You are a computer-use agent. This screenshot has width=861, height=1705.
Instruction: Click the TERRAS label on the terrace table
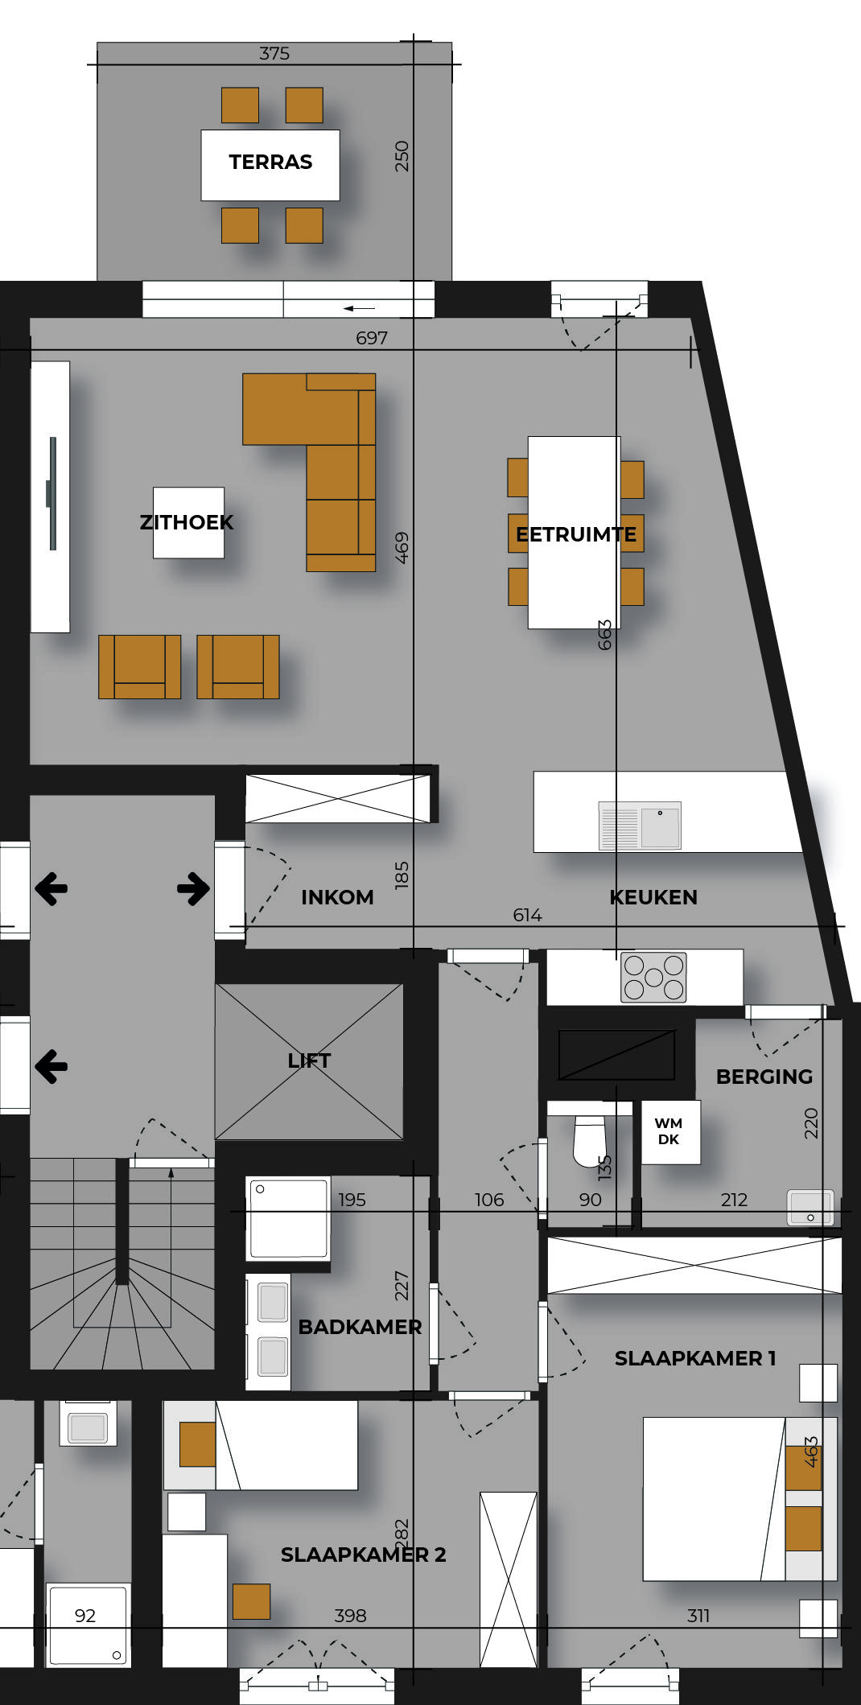point(270,162)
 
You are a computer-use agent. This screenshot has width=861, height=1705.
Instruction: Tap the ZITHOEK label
point(187,522)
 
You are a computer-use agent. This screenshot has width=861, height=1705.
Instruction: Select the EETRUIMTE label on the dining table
point(576,534)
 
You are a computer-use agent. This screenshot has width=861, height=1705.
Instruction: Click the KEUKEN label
point(653,897)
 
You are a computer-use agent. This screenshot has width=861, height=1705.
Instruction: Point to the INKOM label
point(337,897)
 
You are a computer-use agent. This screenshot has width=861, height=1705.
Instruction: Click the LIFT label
point(309,1060)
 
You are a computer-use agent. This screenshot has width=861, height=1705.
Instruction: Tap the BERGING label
point(764,1077)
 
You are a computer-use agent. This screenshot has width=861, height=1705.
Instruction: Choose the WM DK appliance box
point(670,1132)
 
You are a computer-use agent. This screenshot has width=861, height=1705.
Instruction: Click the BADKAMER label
point(360,1327)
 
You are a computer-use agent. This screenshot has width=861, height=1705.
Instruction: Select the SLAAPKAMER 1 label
point(695,1358)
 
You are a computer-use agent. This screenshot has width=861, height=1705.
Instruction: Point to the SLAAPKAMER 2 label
point(363,1555)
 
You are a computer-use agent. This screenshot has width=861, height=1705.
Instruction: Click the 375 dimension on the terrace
point(274,54)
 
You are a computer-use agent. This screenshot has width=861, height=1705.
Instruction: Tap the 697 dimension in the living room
point(372,338)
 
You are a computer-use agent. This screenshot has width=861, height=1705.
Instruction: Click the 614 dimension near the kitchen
point(527,915)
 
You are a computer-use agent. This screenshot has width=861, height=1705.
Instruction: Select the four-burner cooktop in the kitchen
point(653,978)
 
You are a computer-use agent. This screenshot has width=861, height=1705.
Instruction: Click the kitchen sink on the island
point(640,826)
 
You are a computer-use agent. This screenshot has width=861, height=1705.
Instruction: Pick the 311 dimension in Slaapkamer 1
point(698,1615)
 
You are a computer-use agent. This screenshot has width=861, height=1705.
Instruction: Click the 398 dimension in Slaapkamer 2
point(350,1615)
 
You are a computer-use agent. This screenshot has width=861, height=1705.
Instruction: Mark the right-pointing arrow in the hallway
point(193,888)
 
